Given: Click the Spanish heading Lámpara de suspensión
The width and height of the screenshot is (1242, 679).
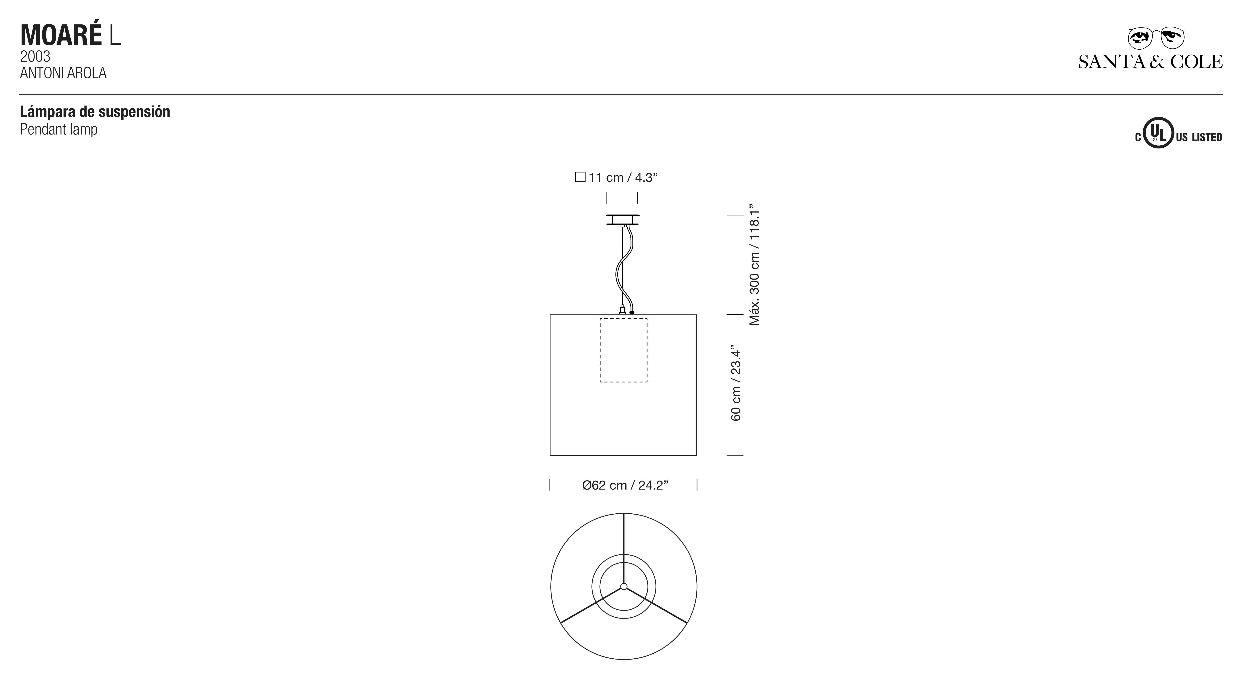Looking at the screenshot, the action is point(95,112).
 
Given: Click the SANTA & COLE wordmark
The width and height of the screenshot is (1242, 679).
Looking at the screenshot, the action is point(1150,62).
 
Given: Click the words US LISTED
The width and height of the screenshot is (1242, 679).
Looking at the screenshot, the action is point(1199,137).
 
